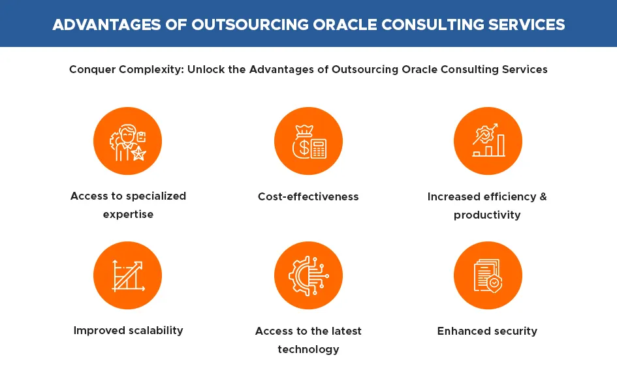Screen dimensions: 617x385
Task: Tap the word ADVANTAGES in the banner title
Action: [106, 25]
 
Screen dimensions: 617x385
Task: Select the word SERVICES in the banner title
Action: [526, 25]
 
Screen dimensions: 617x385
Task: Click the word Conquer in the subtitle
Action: [92, 70]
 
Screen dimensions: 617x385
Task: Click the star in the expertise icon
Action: [138, 153]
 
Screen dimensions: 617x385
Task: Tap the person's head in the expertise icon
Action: [127, 133]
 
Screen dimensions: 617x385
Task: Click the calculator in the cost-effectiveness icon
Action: [319, 149]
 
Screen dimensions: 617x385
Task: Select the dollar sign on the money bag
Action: [304, 148]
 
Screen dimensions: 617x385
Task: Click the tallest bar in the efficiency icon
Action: [501, 145]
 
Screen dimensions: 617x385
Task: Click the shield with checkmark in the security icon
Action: [494, 283]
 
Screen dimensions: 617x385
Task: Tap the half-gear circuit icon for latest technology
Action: [308, 275]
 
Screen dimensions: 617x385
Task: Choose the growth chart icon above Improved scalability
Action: [128, 275]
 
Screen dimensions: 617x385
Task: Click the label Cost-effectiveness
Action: [308, 196]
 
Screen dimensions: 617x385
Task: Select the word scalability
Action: [156, 330]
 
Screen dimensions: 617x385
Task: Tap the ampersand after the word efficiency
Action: [543, 196]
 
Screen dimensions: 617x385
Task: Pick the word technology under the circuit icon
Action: [308, 350]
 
